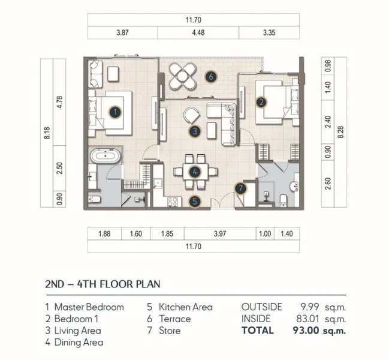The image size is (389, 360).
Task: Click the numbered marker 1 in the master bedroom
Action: [115, 111]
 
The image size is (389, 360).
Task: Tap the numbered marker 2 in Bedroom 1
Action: [261, 102]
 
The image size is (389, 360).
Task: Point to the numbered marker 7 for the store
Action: [240, 188]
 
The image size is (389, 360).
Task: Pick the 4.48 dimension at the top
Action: [198, 33]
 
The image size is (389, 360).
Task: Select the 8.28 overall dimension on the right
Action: [342, 132]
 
